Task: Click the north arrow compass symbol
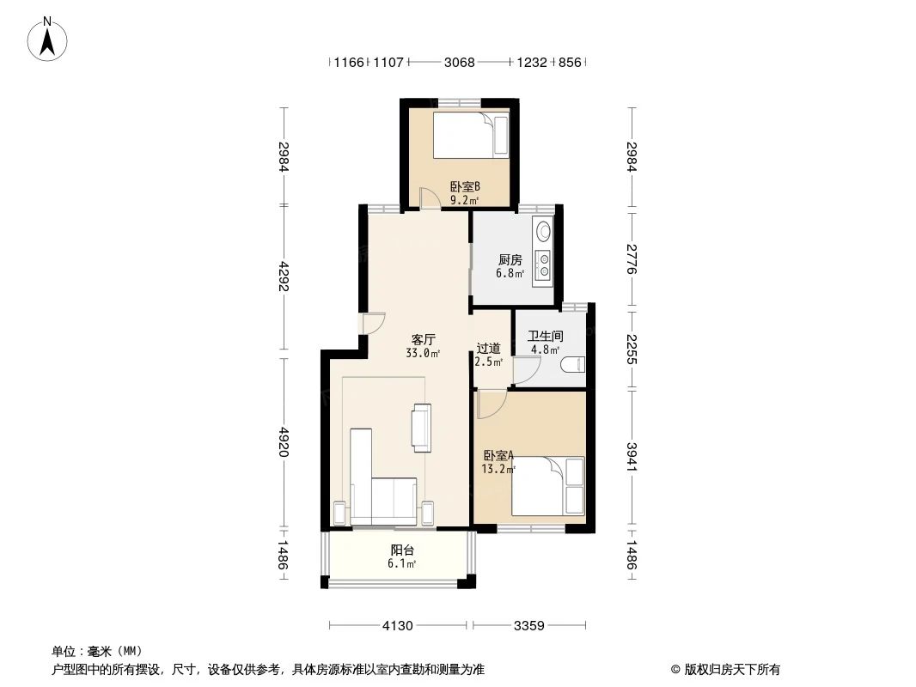pos(47,40)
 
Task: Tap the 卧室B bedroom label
pos(464,187)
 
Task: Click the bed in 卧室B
pos(471,135)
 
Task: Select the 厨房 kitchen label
pos(510,259)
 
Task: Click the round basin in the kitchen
pos(543,230)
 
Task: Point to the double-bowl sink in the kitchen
pos(543,264)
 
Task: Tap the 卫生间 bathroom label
pos(545,337)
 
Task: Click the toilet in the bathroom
pos(572,365)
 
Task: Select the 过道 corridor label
pos(488,349)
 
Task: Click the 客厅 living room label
pos(423,340)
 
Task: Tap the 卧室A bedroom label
pos(498,454)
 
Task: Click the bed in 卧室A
pos(548,486)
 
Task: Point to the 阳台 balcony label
pos(402,550)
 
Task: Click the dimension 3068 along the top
pos(459,62)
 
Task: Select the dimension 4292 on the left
pos(284,276)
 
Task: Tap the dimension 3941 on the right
pos(632,457)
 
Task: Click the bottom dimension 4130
pos(397,626)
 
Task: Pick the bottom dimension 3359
pos(529,626)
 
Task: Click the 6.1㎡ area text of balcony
pos(402,564)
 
